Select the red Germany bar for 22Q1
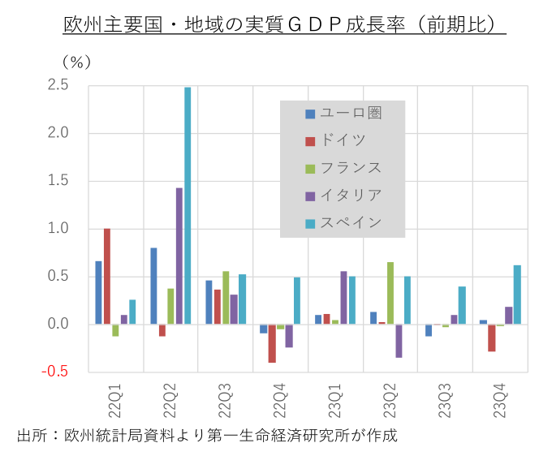[107, 276]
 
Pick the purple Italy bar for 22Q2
[179, 256]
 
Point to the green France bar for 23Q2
[390, 293]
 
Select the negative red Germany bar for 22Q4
[272, 343]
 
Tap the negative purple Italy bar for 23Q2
[399, 341]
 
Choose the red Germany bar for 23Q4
[492, 338]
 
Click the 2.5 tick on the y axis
[57, 85]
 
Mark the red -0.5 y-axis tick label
[55, 372]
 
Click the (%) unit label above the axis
[77, 61]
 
